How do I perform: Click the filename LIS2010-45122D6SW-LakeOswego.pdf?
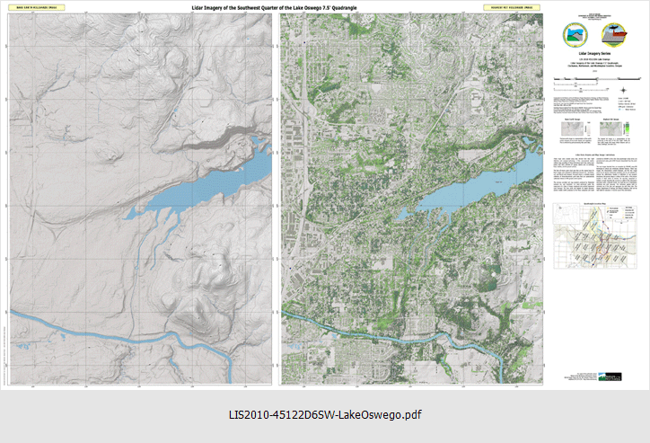point(324,415)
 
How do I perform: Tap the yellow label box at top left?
point(35,7)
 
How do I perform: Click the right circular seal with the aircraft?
point(619,35)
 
